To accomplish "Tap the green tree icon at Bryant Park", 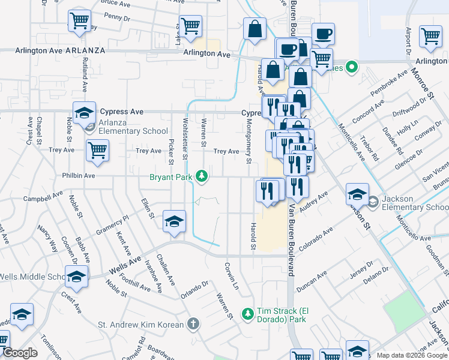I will tap(203, 175).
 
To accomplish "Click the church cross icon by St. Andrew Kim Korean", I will tap(193, 325).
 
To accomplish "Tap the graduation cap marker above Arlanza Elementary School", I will tap(85, 113).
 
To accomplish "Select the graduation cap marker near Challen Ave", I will tap(174, 223).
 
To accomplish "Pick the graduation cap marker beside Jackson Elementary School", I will tap(357, 194).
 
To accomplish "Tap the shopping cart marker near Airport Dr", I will tap(431, 37).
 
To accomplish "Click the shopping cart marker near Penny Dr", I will tap(79, 22).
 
